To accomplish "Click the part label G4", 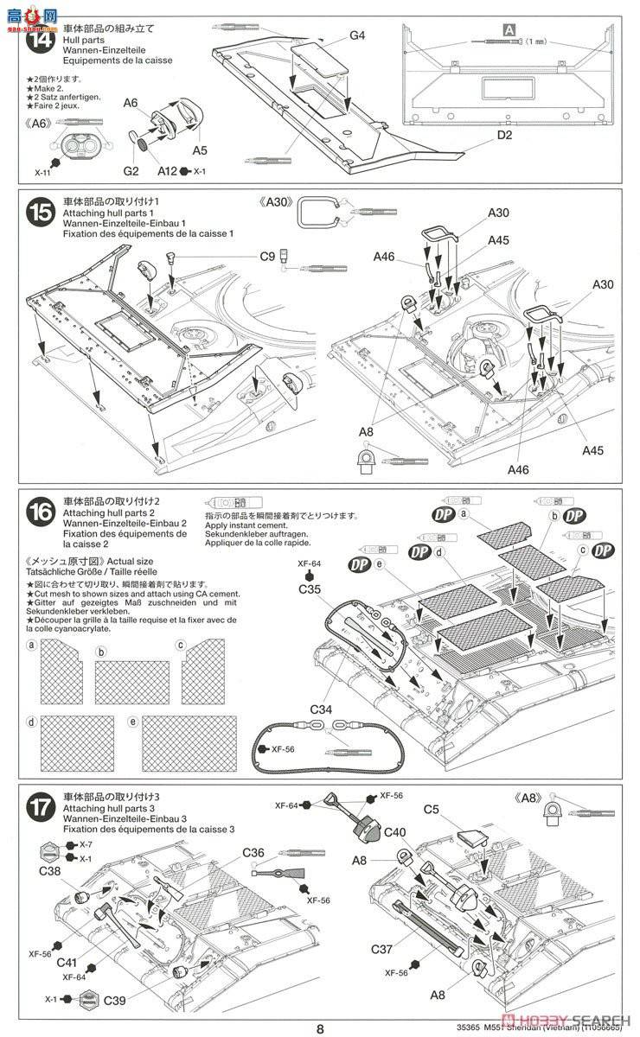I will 357,35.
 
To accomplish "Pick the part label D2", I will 505,136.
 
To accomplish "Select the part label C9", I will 267,256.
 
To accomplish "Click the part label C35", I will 310,590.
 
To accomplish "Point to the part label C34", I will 321,710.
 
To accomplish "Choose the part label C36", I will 253,852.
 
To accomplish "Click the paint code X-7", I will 84,844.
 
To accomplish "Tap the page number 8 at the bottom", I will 319,1028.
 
